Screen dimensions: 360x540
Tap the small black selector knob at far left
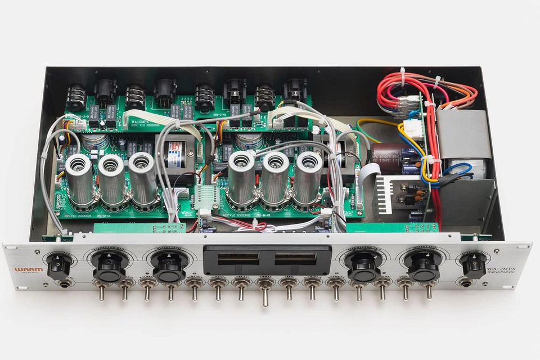[58, 264]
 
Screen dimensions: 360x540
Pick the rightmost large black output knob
[423, 266]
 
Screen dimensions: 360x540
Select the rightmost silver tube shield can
[308, 177]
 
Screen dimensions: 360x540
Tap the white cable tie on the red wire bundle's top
[403, 76]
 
